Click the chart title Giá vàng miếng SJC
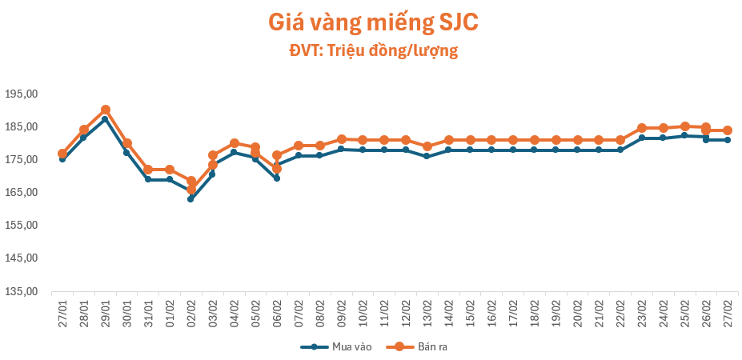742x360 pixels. [372, 22]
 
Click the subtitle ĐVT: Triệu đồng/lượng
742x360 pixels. [372, 50]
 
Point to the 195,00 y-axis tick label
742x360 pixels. [22, 94]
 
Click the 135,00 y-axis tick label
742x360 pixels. [22, 292]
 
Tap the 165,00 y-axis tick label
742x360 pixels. [22, 193]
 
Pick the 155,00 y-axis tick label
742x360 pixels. [22, 226]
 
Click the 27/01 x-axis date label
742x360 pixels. [62, 307]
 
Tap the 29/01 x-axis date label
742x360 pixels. [106, 307]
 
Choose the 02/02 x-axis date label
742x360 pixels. [191, 307]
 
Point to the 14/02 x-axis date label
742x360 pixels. [449, 307]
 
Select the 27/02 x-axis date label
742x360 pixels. [728, 307]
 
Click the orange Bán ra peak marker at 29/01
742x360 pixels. [106, 110]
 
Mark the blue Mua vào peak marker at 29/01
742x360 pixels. [106, 119]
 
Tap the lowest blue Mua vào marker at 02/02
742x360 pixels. [191, 199]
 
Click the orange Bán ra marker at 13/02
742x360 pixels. [427, 146]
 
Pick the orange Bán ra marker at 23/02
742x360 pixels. [642, 128]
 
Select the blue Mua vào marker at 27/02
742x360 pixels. [728, 140]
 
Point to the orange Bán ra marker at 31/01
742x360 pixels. [148, 170]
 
